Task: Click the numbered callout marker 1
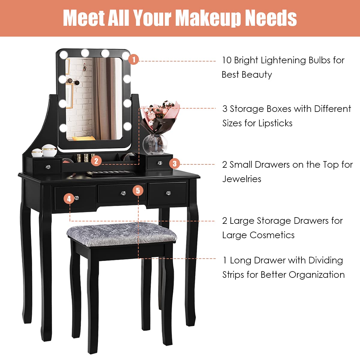click(134, 59)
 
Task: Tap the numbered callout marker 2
click(96, 161)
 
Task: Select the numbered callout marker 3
click(175, 164)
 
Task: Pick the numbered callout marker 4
click(69, 198)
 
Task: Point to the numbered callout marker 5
click(138, 190)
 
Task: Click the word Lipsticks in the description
click(275, 123)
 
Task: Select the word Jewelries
click(241, 179)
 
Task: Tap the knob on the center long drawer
click(123, 193)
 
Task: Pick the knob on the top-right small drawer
click(160, 163)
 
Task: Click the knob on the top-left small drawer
click(48, 166)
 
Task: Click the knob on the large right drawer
click(168, 193)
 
